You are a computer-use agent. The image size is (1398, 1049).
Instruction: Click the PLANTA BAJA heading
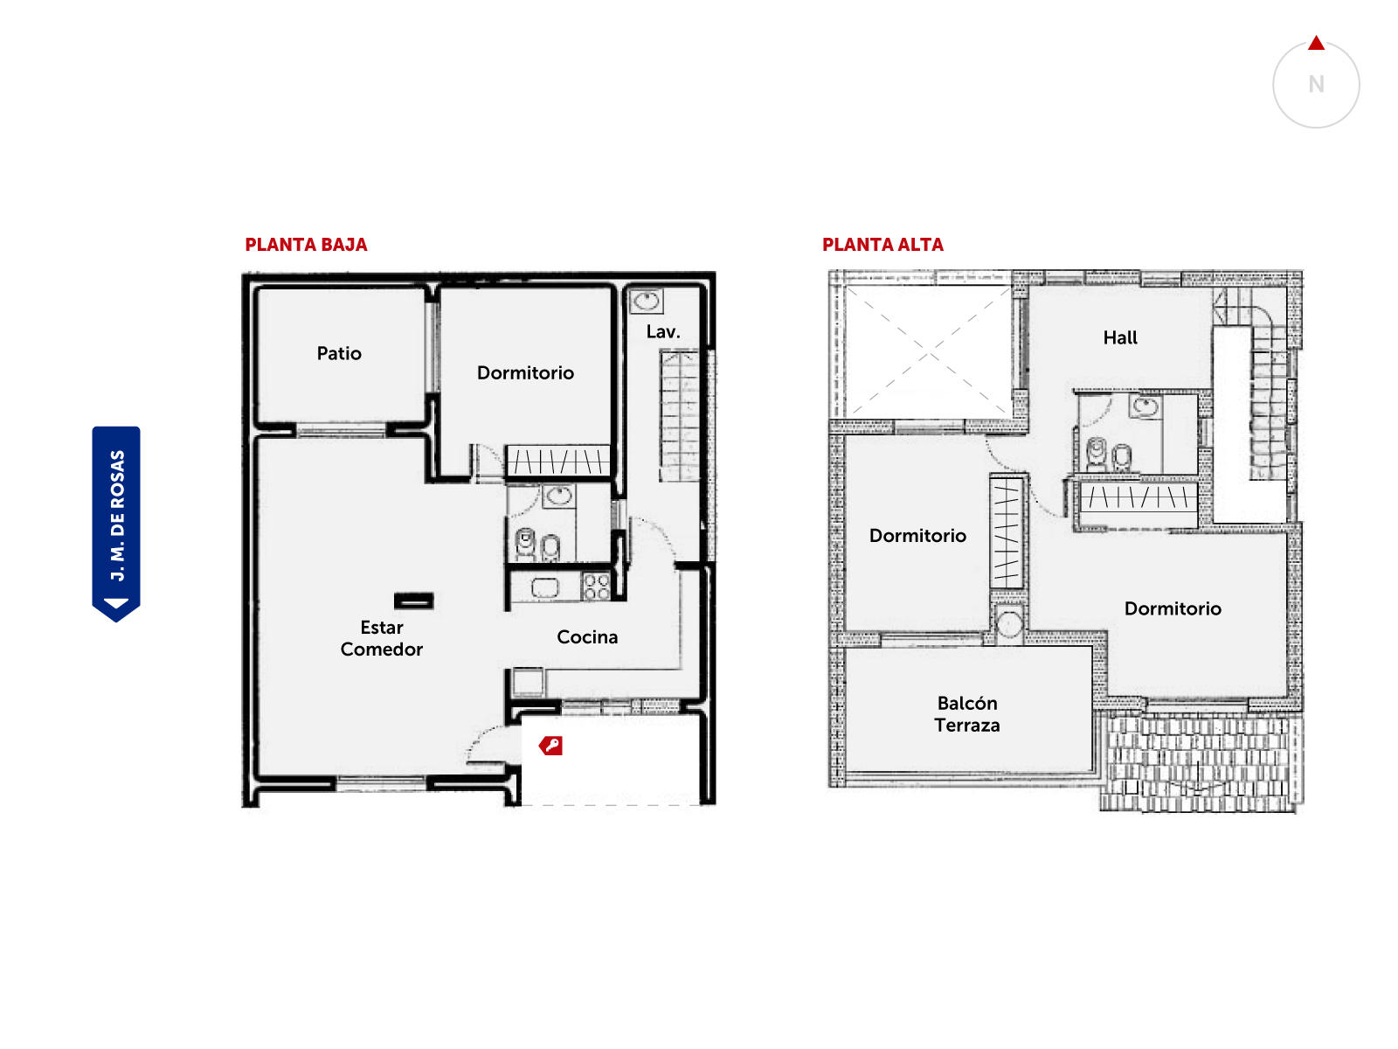point(306,245)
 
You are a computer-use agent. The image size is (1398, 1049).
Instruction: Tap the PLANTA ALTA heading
point(882,245)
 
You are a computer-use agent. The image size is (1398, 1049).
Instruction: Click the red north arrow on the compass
point(1316,44)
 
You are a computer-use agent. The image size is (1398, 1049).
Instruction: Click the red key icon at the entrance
point(551,745)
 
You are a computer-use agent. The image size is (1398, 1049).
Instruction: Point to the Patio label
point(339,353)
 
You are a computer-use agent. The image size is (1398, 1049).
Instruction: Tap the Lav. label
point(663,332)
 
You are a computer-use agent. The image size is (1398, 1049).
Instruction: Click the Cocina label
point(587,637)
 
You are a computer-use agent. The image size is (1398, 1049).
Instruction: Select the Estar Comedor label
point(382,638)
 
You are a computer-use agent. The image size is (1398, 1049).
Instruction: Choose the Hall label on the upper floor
point(1119,337)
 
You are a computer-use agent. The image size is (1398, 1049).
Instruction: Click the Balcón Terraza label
point(967,714)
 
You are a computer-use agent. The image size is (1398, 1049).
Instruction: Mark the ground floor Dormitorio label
point(525,372)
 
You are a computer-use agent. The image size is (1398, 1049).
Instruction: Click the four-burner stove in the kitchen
point(596,587)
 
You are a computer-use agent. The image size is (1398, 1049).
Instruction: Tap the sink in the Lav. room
point(647,301)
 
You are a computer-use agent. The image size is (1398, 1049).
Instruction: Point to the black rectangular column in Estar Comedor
point(414,601)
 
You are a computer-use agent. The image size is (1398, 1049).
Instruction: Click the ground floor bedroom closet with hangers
point(558,461)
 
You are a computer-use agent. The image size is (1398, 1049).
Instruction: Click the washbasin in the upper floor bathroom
point(1145,406)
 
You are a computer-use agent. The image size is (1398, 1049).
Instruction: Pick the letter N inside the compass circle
point(1316,84)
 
